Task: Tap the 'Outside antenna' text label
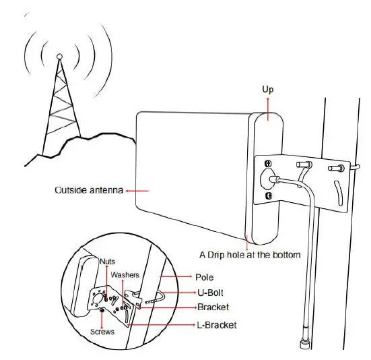[88, 191]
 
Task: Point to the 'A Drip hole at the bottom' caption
[249, 255]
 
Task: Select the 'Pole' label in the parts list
[204, 277]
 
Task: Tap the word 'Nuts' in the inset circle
[107, 260]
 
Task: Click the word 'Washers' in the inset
[125, 275]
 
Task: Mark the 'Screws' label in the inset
[102, 332]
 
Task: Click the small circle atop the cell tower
[59, 57]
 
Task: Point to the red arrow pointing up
[267, 108]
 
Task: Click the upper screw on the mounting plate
[268, 164]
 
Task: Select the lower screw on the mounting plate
[268, 196]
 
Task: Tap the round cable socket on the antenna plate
[267, 180]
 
